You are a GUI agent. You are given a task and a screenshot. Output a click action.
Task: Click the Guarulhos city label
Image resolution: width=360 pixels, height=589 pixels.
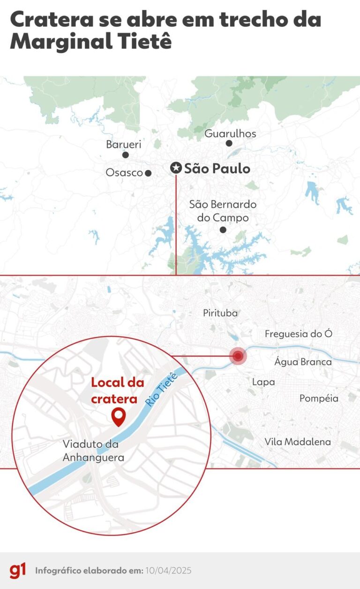point(230,134)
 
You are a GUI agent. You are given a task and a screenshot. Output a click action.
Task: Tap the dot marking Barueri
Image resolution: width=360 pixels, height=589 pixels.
point(125,155)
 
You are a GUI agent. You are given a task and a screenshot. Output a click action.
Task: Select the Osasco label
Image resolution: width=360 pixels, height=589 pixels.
point(124,173)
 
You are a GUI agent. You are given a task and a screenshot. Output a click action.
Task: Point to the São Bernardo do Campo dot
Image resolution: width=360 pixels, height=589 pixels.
point(223,230)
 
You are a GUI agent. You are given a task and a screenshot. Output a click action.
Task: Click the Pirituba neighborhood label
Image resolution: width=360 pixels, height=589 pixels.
point(220,313)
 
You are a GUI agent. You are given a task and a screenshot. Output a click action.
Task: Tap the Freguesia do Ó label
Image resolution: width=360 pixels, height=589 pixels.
point(299,334)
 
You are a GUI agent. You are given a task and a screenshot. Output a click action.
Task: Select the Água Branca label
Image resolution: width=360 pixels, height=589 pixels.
point(303,362)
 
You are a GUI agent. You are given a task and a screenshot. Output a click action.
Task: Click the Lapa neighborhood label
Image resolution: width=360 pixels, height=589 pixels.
point(263,382)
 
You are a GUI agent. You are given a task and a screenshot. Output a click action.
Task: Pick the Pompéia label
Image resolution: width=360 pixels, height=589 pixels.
point(319,398)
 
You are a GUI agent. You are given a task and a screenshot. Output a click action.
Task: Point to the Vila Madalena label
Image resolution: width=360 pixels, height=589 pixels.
point(298,442)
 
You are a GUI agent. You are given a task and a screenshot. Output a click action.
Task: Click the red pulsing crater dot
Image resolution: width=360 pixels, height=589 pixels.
point(238,356)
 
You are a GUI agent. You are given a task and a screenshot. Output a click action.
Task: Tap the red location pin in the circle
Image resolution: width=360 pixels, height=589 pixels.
point(119,416)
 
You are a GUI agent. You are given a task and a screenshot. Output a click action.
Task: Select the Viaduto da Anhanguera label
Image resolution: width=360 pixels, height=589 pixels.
point(93,450)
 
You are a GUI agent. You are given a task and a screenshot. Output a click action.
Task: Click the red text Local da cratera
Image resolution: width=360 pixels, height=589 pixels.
point(117,390)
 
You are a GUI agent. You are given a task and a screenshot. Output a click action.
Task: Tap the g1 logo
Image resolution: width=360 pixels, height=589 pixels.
point(18,571)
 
